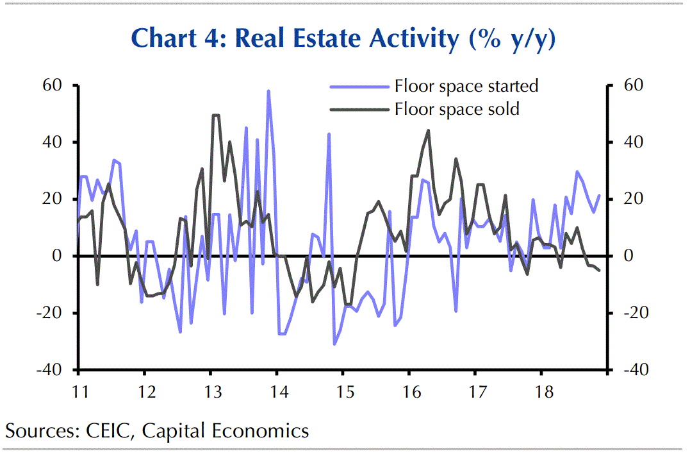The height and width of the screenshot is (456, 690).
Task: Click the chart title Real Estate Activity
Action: pos(343,39)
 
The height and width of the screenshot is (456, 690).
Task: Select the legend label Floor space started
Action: pos(466,86)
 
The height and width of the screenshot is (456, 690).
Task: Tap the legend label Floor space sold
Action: pos(456,109)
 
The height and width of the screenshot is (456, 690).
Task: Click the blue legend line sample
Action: pos(359,86)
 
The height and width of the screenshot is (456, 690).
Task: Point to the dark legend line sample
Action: pos(359,109)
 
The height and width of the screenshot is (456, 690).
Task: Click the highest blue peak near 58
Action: pos(268,91)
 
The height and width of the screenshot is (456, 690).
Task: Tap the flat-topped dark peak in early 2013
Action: pos(215,115)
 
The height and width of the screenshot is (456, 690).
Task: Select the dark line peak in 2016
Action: pos(428,131)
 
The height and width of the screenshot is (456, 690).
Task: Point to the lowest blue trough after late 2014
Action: pos(334,344)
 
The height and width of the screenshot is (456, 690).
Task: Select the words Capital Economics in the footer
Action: pos(225,431)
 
